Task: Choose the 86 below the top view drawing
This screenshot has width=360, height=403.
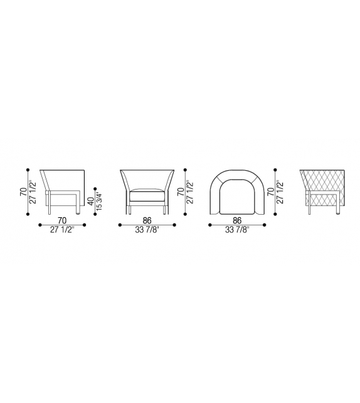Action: [237, 220]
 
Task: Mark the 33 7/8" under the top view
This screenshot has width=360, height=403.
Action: [237, 229]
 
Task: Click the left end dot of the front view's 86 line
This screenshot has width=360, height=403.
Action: [120, 224]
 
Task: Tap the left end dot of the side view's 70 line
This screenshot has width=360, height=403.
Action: [40, 224]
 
